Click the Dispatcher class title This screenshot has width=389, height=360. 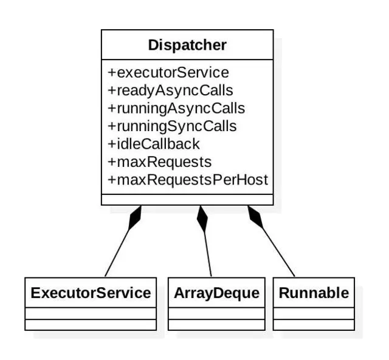[x=187, y=45]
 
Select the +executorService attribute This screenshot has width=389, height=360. [x=168, y=73]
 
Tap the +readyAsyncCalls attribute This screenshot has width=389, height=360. [x=170, y=90]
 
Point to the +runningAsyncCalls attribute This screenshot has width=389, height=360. [x=176, y=109]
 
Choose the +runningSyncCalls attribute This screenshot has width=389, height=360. [x=172, y=126]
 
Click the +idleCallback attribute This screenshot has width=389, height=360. [x=154, y=144]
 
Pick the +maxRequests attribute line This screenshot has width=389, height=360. [x=160, y=162]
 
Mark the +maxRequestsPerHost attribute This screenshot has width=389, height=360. [x=188, y=180]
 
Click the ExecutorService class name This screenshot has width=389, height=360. [x=91, y=293]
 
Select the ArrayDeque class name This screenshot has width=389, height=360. [x=216, y=293]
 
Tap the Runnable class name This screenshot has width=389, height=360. [x=314, y=293]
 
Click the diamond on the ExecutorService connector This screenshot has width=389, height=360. [x=135, y=217]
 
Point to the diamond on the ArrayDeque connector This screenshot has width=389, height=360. [x=202, y=219]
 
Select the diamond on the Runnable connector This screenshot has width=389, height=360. [x=255, y=216]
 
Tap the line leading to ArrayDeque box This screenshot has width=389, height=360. [x=208, y=255]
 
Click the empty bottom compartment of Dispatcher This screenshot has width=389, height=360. [x=187, y=200]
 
